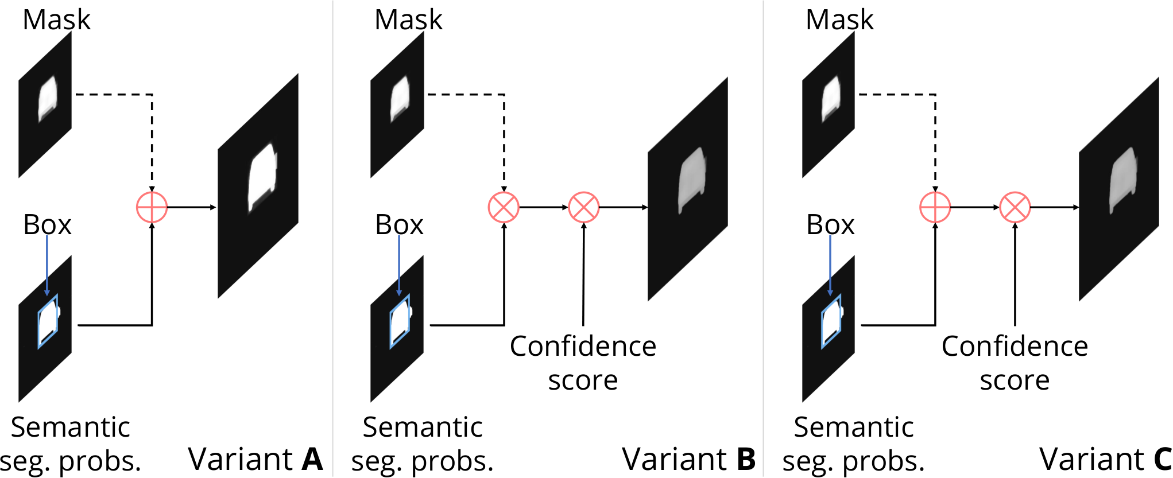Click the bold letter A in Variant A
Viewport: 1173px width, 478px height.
coord(312,459)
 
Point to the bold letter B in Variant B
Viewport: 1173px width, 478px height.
coord(746,459)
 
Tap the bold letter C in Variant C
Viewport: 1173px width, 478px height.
coord(1163,459)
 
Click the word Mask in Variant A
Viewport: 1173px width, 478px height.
coord(56,20)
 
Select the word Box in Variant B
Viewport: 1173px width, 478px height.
coord(399,224)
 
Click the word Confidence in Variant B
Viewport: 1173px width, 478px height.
coord(583,346)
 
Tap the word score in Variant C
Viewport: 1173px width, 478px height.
coord(1015,380)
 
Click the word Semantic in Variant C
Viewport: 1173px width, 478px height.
coord(854,427)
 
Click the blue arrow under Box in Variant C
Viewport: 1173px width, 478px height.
coord(830,265)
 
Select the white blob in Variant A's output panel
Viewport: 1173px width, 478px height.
coord(262,178)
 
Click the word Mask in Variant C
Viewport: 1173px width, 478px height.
coord(839,20)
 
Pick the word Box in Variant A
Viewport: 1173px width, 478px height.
coord(47,224)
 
